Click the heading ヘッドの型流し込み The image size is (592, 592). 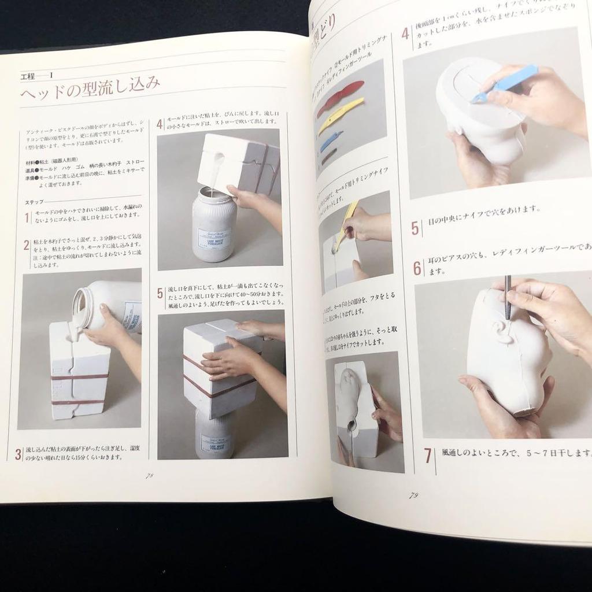pos(90,92)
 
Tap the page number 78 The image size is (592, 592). pos(149,475)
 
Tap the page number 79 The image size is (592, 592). pos(413,495)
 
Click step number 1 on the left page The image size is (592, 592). pos(27,217)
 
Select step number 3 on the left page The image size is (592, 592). pos(18,454)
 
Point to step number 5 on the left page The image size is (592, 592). pos(160,293)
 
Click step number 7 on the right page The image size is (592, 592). pos(428,456)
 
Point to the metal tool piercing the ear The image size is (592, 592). pos(508,296)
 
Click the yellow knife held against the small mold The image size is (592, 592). pos(347,223)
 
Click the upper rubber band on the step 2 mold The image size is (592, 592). pos(79,376)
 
